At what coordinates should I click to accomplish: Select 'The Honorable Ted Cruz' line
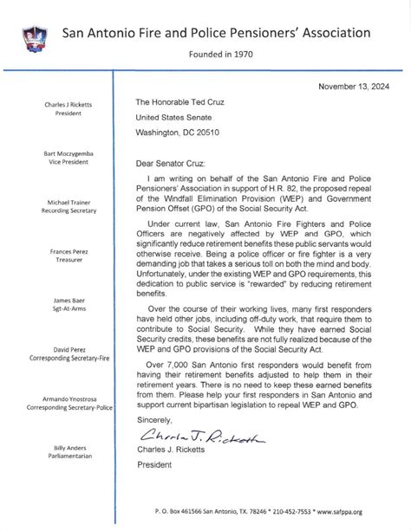tap(184, 101)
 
